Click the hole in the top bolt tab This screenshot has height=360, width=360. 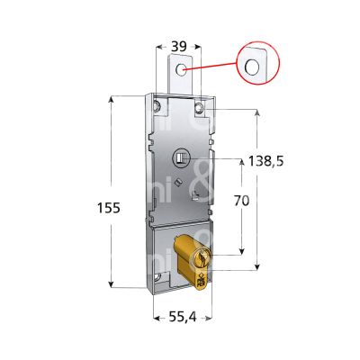183,69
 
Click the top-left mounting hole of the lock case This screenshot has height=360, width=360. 157,109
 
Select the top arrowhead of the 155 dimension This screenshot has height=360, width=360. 112,98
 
